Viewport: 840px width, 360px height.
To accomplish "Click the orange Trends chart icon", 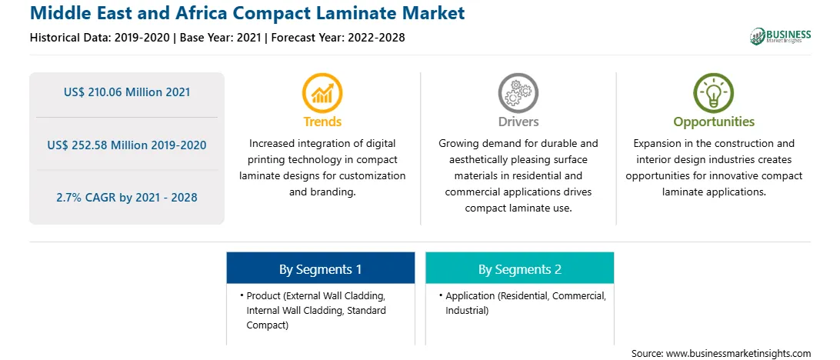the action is click(x=322, y=93).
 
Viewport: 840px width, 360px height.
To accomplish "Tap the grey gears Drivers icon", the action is click(x=518, y=93).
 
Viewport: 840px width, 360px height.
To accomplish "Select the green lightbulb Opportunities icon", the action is click(x=714, y=93).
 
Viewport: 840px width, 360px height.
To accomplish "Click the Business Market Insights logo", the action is click(x=780, y=36).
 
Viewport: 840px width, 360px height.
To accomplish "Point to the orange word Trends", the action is click(x=322, y=122).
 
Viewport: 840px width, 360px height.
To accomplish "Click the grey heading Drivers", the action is click(x=518, y=122).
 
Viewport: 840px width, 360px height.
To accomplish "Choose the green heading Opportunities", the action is click(x=714, y=122).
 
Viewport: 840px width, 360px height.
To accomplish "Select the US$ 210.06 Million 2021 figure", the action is click(x=127, y=92).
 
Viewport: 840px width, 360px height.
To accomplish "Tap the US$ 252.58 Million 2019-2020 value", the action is click(x=127, y=145).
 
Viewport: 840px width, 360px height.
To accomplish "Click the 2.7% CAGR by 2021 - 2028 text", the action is click(x=127, y=198).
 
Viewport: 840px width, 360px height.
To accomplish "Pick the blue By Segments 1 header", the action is click(x=320, y=269).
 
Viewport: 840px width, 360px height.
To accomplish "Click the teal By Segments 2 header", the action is click(x=520, y=269).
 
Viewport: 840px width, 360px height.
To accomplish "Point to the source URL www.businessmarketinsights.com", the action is click(x=738, y=354).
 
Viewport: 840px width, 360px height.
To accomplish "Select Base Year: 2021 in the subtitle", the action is click(x=221, y=38).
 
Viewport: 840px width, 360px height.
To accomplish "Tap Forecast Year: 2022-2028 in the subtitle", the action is click(x=336, y=38).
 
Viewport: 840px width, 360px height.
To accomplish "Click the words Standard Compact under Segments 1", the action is click(x=316, y=317).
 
